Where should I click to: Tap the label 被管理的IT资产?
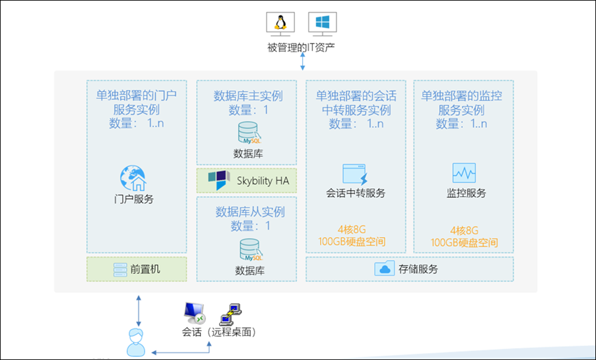point(302,47)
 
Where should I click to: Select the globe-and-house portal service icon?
point(133,179)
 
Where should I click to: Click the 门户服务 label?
point(134,200)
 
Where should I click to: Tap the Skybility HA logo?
point(218,181)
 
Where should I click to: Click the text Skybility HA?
point(263,181)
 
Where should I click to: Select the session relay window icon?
point(356,174)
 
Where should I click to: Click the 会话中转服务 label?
point(356,193)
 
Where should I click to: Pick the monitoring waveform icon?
point(464,173)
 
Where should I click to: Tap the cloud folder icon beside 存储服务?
point(384,269)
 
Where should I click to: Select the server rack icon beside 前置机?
point(120,270)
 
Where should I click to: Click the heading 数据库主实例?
point(248,96)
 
